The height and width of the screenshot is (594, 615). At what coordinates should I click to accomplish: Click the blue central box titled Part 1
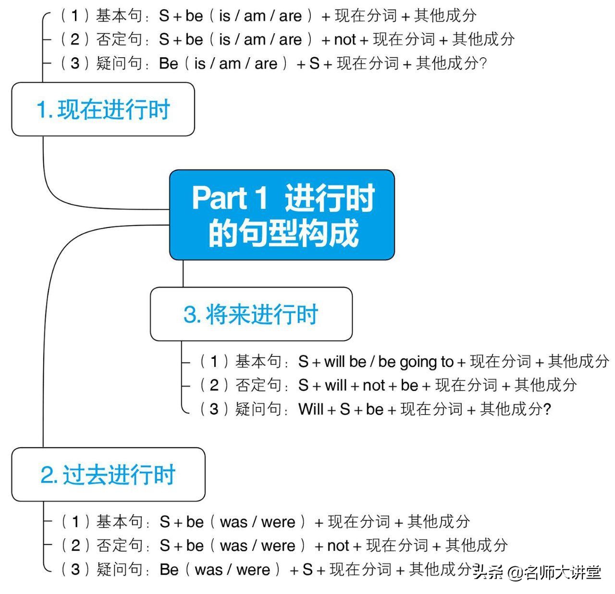pyautogui.click(x=282, y=215)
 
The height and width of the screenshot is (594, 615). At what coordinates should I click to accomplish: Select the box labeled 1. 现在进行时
pyautogui.click(x=103, y=109)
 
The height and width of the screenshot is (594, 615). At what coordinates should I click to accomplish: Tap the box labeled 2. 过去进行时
pyautogui.click(x=108, y=474)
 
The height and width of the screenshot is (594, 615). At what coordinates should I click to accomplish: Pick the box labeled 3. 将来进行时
pyautogui.click(x=251, y=314)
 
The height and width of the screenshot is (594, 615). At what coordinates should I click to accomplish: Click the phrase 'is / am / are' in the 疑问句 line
pyautogui.click(x=236, y=63)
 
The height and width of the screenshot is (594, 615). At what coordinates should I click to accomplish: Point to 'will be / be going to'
pyautogui.click(x=389, y=362)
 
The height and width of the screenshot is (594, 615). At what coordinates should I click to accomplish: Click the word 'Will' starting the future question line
pyautogui.click(x=311, y=409)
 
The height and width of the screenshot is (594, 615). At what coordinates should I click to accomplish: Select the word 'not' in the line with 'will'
pyautogui.click(x=373, y=385)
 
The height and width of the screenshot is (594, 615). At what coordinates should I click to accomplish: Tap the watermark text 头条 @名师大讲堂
pyautogui.click(x=537, y=572)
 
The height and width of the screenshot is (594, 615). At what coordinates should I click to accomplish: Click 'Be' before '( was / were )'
pyautogui.click(x=169, y=569)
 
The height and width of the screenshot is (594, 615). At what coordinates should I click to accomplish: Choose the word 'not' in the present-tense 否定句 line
pyautogui.click(x=345, y=40)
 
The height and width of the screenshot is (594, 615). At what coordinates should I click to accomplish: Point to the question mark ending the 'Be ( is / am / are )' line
pyautogui.click(x=482, y=63)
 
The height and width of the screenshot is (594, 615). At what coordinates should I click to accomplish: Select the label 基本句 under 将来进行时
pyautogui.click(x=258, y=362)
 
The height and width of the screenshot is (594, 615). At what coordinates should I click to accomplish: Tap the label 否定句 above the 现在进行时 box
pyautogui.click(x=119, y=39)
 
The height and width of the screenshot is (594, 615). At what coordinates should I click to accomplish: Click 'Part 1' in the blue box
pyautogui.click(x=230, y=198)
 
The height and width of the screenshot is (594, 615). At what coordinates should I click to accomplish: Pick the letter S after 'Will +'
pyautogui.click(x=345, y=409)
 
